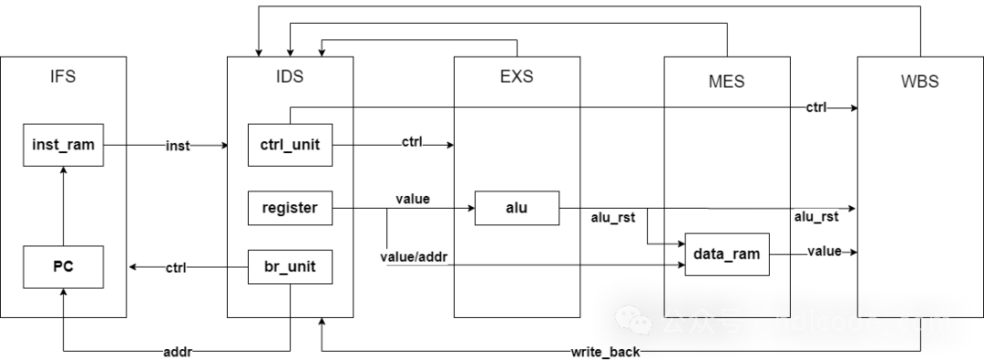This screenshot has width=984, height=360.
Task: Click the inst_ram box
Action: click(x=63, y=145)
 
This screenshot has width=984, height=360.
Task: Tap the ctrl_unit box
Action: click(x=290, y=145)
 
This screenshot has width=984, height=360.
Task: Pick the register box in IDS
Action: click(x=290, y=207)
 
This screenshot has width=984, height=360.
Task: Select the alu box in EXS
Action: click(x=516, y=207)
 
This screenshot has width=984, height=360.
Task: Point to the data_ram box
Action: click(x=726, y=253)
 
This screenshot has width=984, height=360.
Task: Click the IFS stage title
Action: click(x=63, y=77)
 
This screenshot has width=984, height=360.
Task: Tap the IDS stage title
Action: click(x=290, y=77)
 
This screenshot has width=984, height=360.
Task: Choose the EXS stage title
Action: click(x=517, y=77)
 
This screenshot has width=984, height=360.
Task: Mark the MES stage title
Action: click(x=726, y=82)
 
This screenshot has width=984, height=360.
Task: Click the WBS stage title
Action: click(x=919, y=82)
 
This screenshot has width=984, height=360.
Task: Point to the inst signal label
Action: click(x=177, y=146)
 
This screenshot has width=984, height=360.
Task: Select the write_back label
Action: click(x=605, y=352)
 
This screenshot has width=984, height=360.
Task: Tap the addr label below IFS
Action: click(x=178, y=352)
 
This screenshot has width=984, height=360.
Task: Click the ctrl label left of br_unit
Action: click(x=176, y=269)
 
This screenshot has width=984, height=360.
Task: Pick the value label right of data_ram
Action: click(x=825, y=251)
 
